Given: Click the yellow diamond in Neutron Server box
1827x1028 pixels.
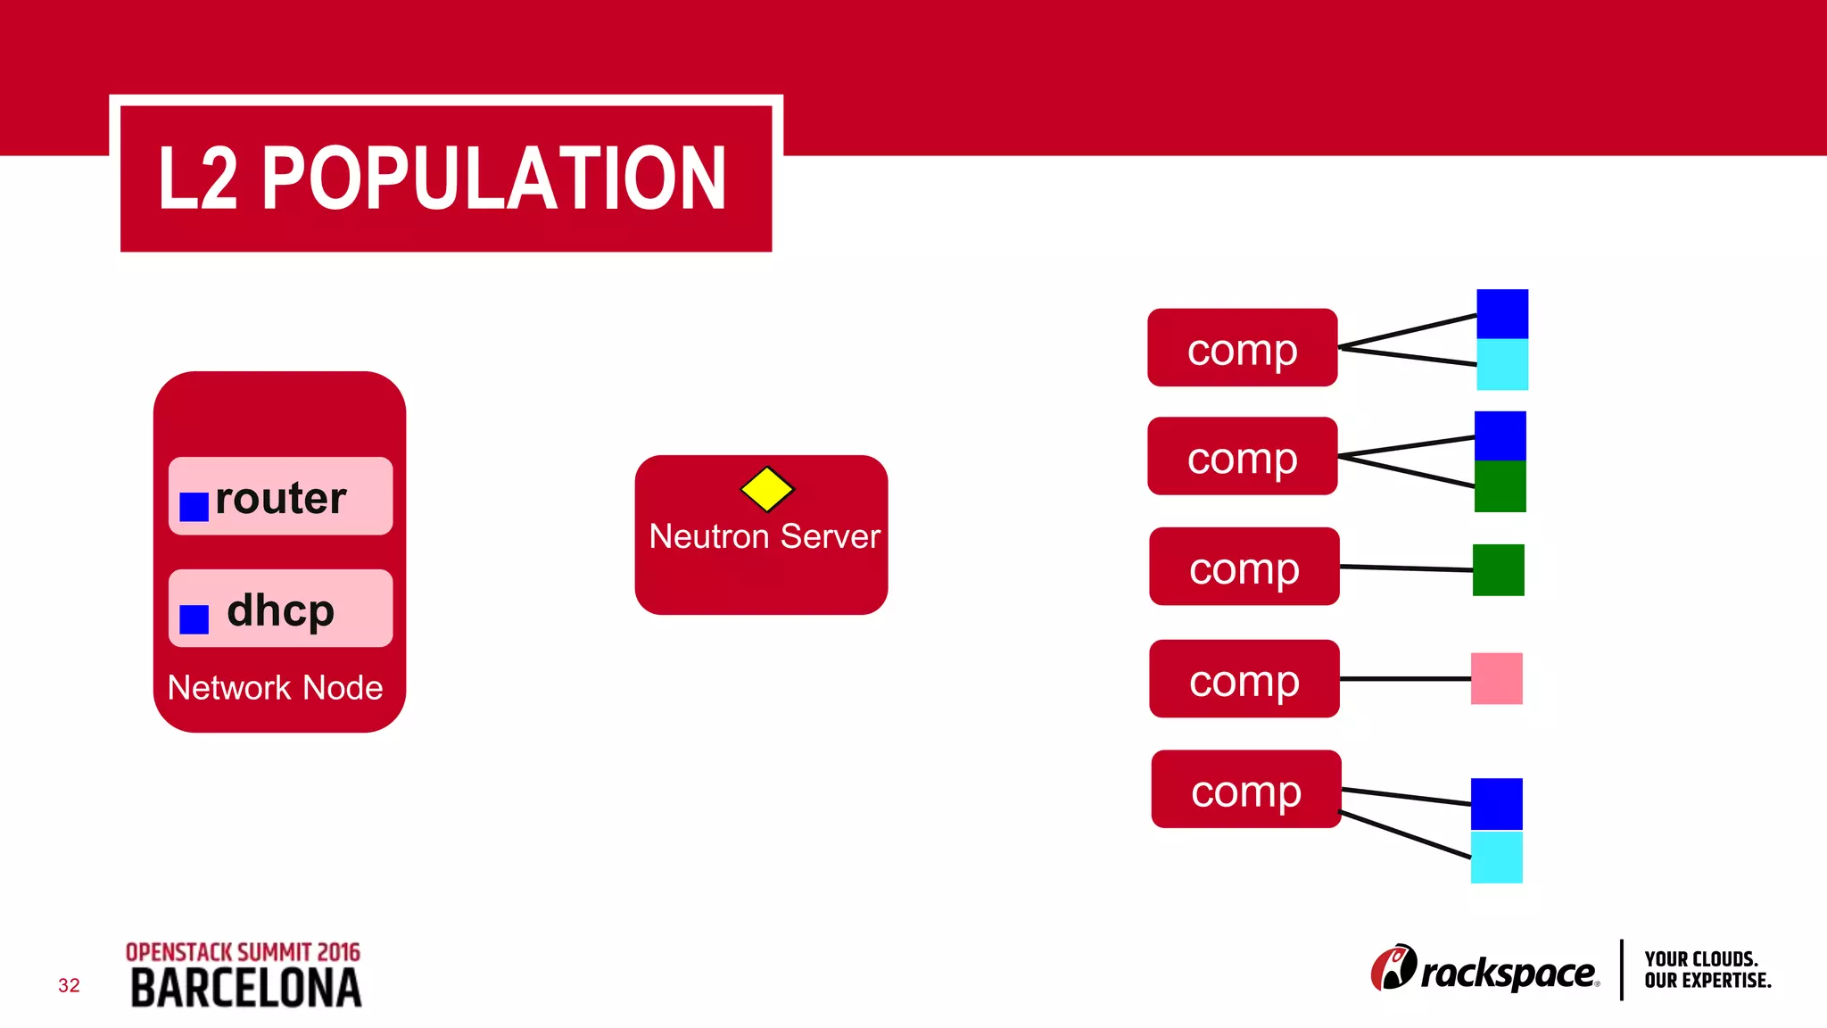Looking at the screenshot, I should [x=767, y=489].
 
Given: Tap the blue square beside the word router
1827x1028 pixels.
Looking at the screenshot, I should [x=194, y=507].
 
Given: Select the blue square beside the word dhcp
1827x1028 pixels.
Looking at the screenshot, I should [x=194, y=619].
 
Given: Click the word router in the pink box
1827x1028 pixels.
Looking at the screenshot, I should [x=280, y=498].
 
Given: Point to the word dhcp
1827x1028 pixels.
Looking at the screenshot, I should [x=280, y=610].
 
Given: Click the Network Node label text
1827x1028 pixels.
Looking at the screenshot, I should [x=275, y=688].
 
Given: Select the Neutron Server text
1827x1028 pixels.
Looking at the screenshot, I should [x=764, y=536].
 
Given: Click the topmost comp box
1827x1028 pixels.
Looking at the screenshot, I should [x=1242, y=348].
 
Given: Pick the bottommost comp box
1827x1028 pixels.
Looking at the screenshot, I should [x=1245, y=790].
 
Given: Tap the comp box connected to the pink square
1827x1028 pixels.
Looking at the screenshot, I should [x=1244, y=679].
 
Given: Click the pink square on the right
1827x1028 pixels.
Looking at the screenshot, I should [x=1496, y=679].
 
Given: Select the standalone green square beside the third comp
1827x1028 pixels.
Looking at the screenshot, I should [x=1498, y=570].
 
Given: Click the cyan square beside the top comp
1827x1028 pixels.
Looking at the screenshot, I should [x=1502, y=365].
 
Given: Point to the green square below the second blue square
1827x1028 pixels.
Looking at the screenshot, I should [x=1500, y=487].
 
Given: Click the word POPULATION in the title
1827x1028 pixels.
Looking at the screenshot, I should [x=493, y=178].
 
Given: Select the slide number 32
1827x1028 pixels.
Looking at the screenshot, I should [x=69, y=985].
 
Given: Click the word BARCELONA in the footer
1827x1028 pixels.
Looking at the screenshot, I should [x=246, y=989].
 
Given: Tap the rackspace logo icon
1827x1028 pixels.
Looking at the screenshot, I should [x=1393, y=968].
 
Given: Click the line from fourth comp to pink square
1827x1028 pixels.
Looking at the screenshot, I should [x=1405, y=679].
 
